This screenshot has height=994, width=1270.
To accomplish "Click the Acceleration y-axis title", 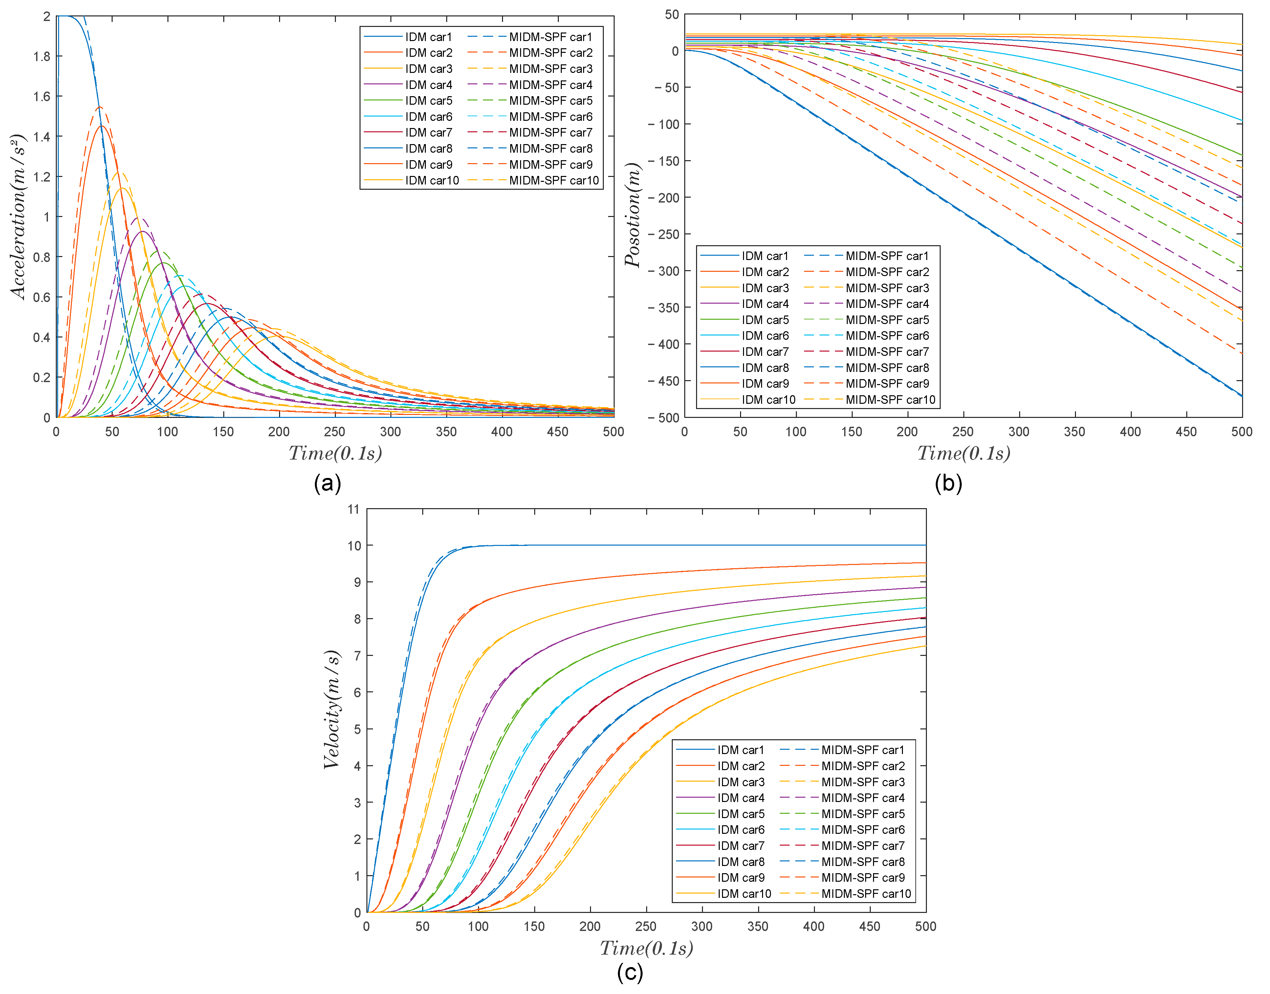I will coord(19,216).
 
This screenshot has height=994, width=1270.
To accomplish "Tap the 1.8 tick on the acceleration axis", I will coord(42,56).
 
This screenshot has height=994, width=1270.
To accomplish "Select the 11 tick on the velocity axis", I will coord(353,509).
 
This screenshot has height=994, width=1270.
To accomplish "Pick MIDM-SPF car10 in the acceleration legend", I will coord(554,181).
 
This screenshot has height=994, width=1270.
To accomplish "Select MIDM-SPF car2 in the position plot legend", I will coord(887,272).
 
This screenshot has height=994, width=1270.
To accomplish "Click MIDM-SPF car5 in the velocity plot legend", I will coord(863,813).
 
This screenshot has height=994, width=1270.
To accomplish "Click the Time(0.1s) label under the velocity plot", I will coord(646,949).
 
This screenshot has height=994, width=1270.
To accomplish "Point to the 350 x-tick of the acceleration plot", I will coord(446,432).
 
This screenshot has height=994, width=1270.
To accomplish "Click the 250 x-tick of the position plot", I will coord(963,432).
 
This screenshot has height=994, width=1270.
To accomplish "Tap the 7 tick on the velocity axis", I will coord(357,656).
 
